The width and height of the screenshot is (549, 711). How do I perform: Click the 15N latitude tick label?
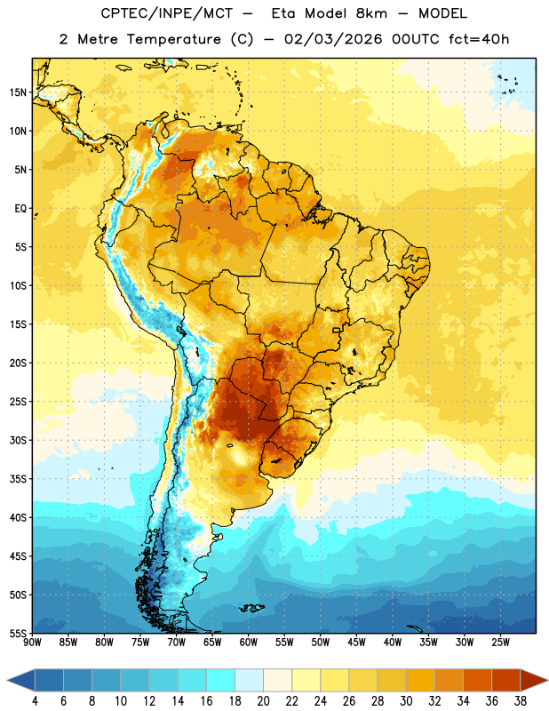(x=18, y=92)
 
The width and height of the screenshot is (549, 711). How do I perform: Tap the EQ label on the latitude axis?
(x=20, y=209)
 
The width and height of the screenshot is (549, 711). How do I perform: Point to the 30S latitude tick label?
(x=18, y=440)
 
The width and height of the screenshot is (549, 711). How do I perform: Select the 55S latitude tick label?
(x=18, y=633)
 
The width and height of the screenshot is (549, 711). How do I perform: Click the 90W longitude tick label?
(x=32, y=643)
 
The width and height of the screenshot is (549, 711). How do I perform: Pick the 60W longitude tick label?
(x=249, y=643)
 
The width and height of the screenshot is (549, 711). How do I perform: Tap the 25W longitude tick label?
(x=500, y=643)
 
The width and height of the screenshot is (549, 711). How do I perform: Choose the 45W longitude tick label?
(x=356, y=643)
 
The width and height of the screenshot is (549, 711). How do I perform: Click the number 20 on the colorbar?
(x=263, y=701)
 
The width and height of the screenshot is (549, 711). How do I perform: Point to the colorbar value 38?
(x=521, y=701)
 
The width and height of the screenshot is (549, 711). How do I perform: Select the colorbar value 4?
(x=35, y=701)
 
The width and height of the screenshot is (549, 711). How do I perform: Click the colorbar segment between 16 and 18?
(x=220, y=680)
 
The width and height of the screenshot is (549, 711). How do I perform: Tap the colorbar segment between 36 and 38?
(x=506, y=680)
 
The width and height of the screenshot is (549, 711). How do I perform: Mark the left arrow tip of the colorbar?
(x=7, y=680)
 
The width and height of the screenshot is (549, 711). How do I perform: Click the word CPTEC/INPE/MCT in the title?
(x=166, y=13)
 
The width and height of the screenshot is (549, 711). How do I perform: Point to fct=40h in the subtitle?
(x=479, y=39)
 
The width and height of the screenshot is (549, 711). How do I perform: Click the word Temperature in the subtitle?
(x=173, y=40)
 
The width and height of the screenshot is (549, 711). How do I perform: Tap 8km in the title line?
(x=371, y=13)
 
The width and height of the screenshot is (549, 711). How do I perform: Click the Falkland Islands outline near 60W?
(x=251, y=608)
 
